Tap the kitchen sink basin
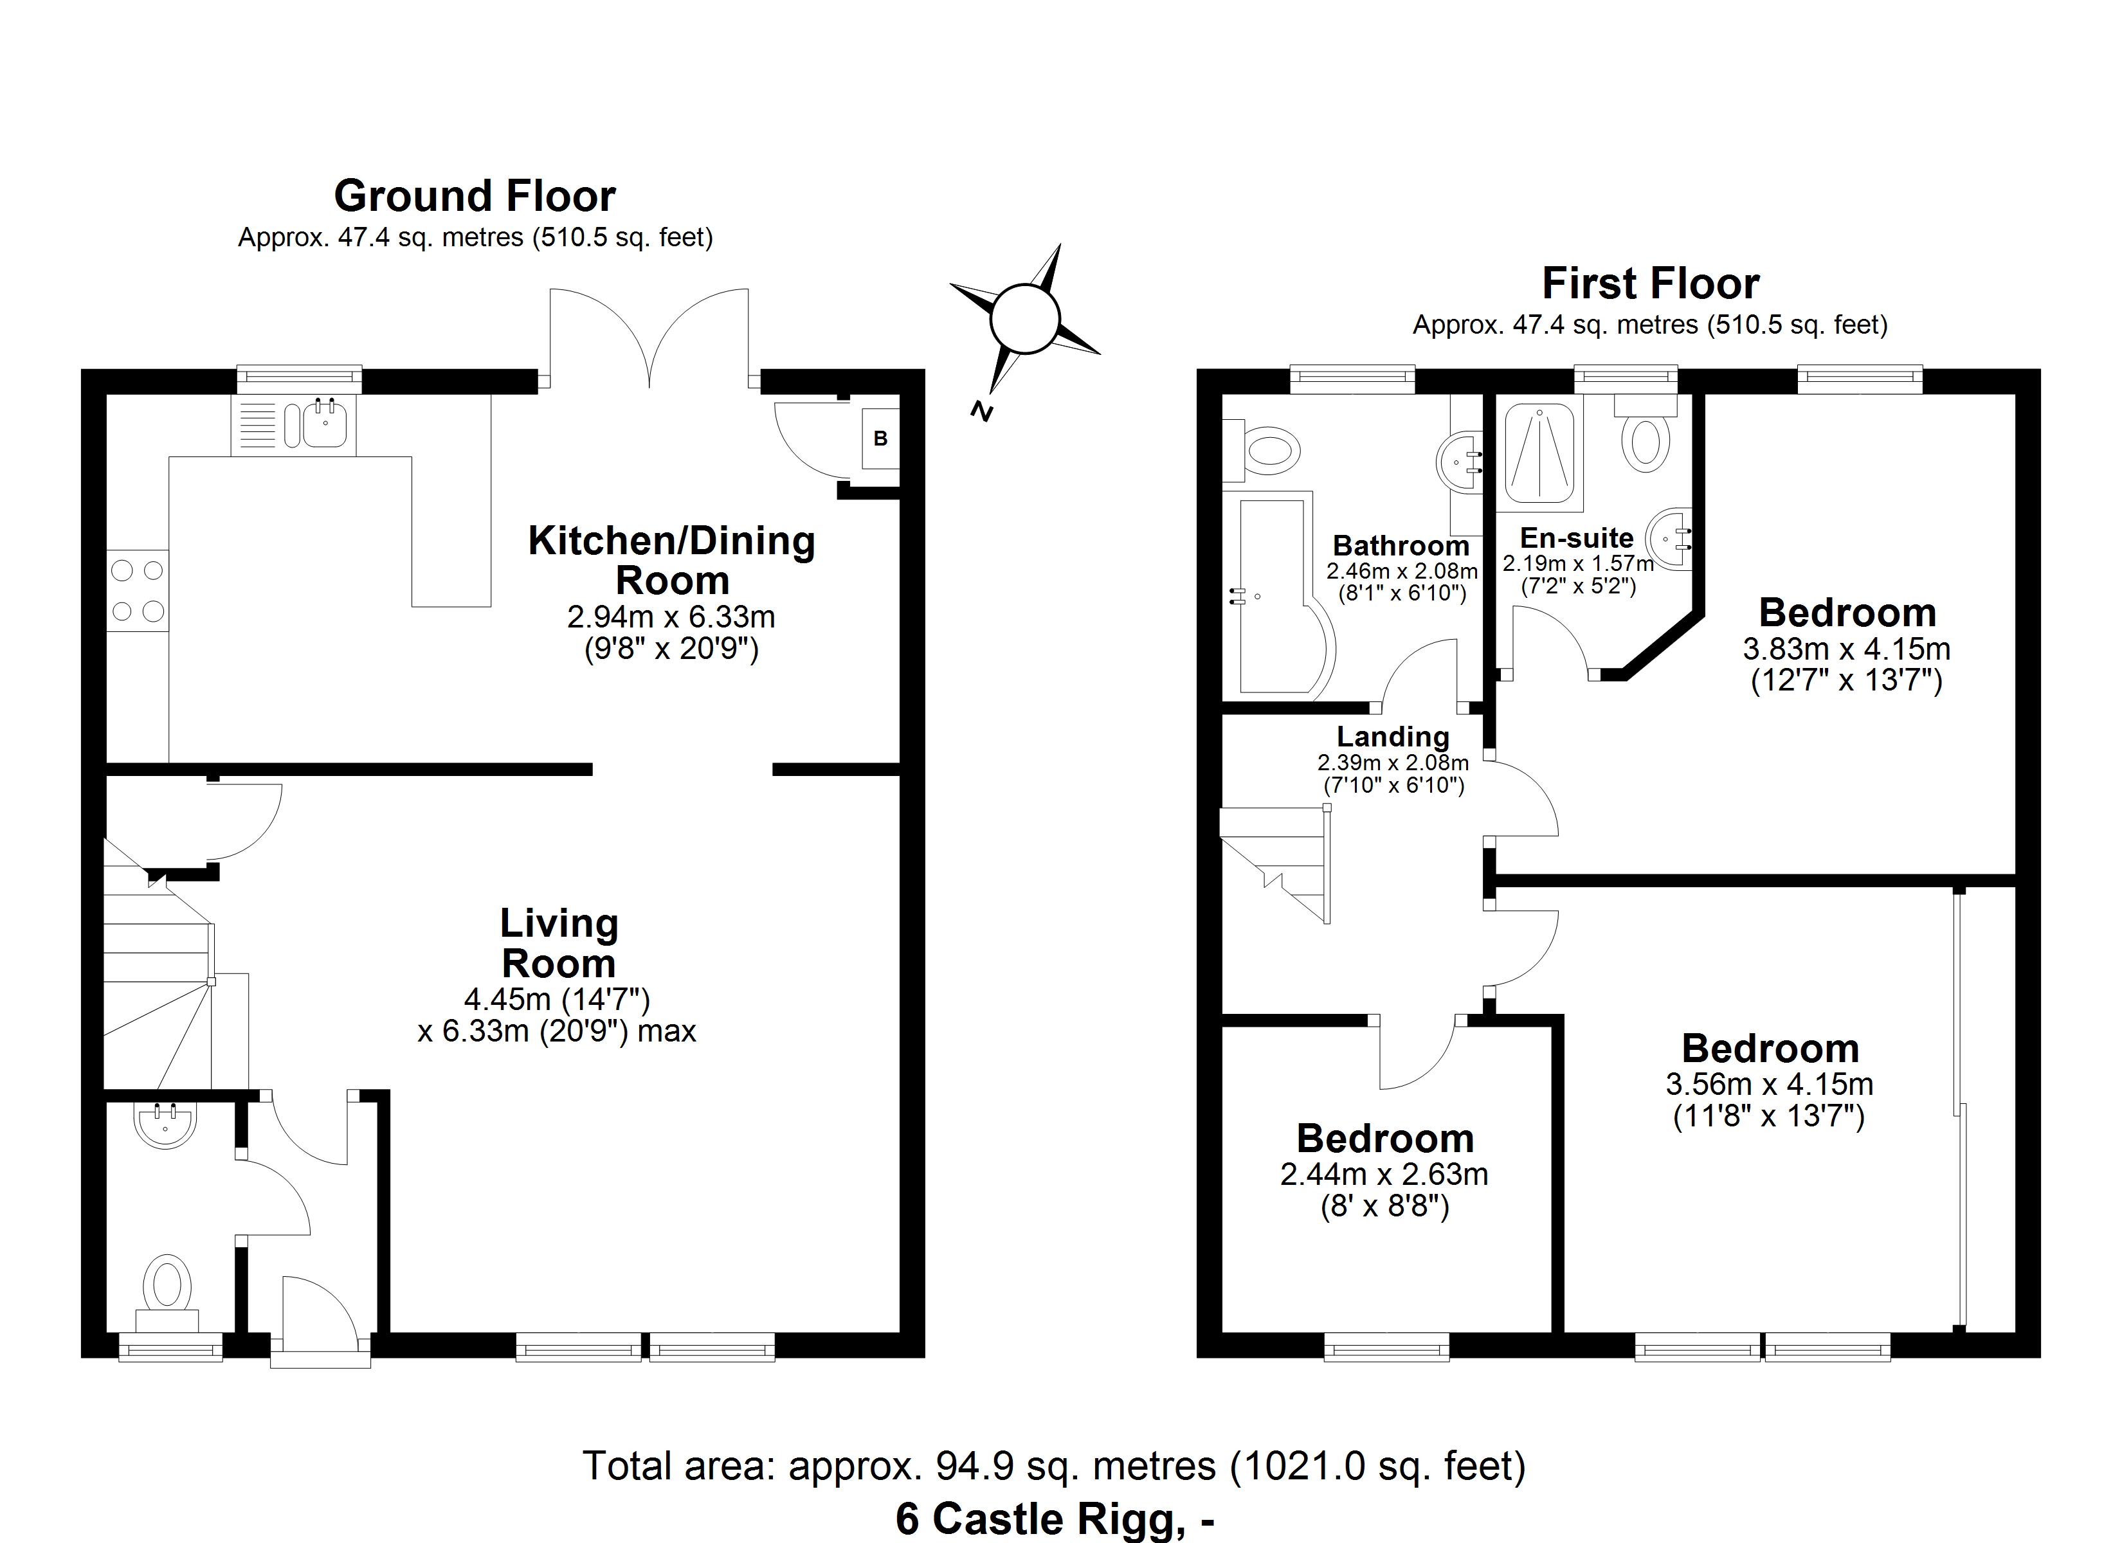tap(325, 424)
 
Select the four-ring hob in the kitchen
tap(138, 590)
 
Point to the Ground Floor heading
tap(475, 197)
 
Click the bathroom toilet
tap(1265, 450)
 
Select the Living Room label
tap(559, 943)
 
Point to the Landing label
tap(1392, 737)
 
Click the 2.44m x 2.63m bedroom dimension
tap(1384, 1175)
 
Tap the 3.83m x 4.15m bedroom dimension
tap(1846, 649)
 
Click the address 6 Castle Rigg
tap(1055, 1519)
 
